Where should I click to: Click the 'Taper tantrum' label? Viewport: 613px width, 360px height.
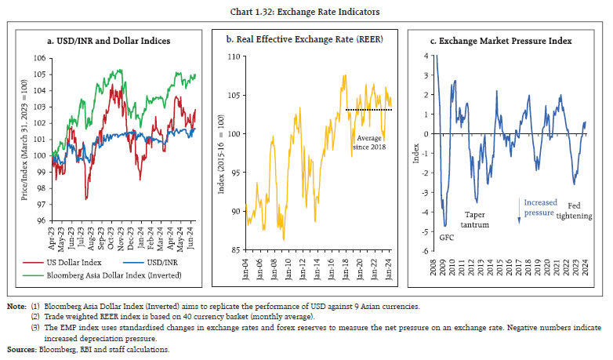click(x=477, y=219)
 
